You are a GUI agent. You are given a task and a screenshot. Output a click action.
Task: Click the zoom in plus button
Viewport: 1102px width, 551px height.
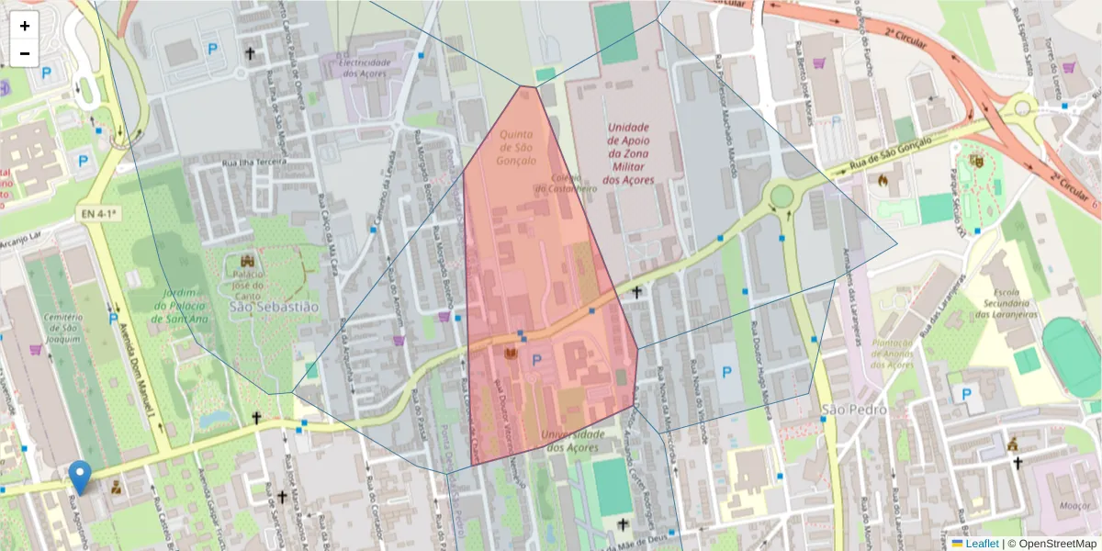(25, 26)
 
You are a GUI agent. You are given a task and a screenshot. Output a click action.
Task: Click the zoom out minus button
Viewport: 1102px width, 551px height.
(25, 53)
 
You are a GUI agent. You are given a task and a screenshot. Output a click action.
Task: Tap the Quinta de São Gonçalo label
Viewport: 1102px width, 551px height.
(517, 147)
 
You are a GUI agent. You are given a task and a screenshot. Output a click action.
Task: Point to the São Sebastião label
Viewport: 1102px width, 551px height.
(274, 306)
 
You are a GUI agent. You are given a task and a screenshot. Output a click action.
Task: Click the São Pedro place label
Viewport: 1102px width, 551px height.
(854, 410)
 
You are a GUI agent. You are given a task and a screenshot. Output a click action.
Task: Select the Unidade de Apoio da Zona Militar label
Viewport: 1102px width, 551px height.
(628, 153)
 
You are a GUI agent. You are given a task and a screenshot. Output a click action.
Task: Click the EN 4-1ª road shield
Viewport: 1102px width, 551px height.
(98, 214)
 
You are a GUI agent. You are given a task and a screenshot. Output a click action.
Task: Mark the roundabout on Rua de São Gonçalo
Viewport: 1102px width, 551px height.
(782, 196)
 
